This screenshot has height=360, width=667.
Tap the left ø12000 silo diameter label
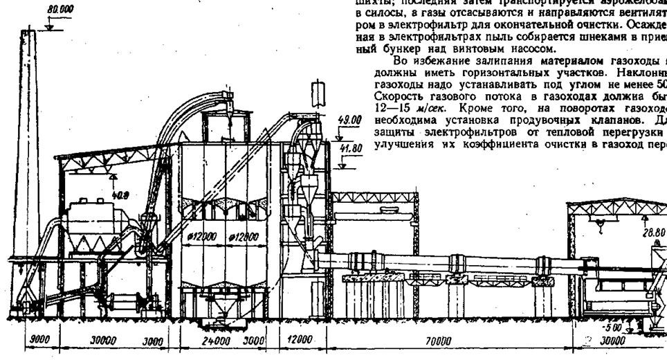[201, 236]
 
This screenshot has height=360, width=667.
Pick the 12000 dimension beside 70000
[298, 341]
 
